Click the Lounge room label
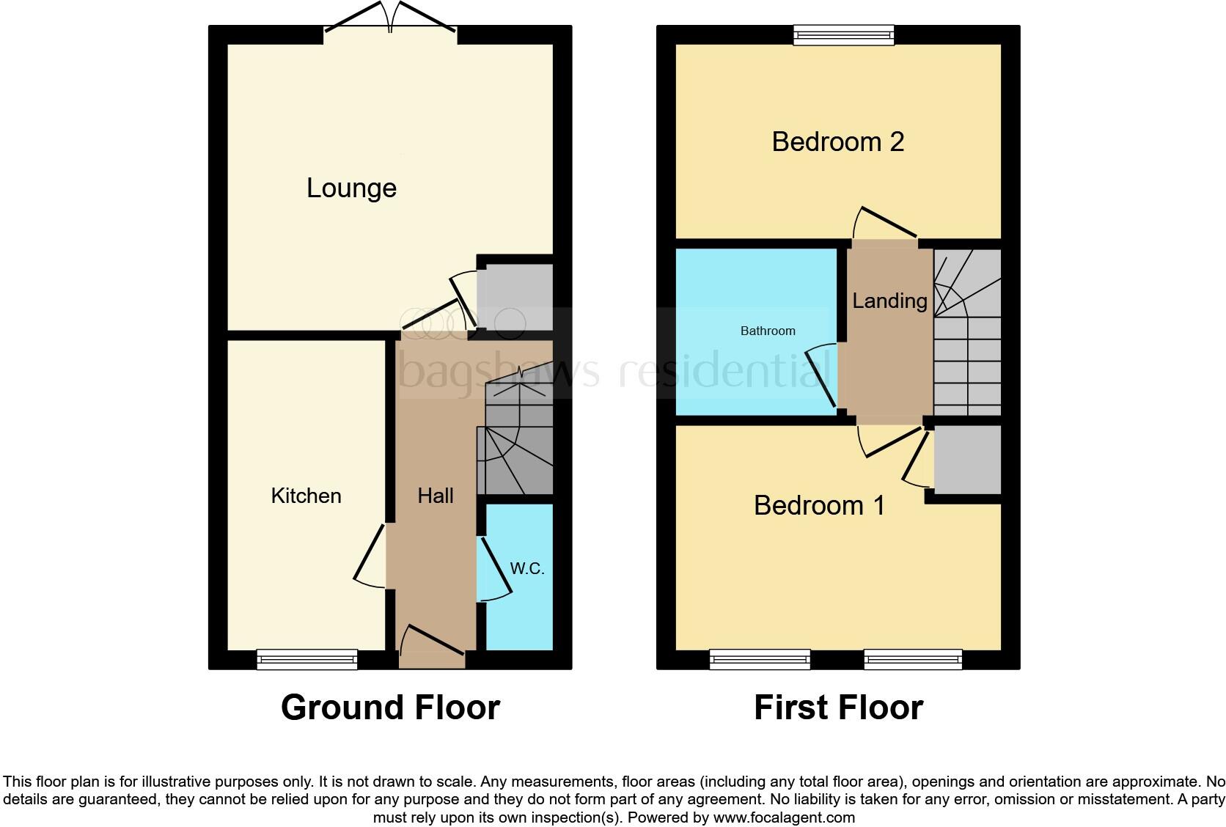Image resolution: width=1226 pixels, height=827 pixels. (x=351, y=188)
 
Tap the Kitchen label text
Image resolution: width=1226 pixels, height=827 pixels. (x=306, y=496)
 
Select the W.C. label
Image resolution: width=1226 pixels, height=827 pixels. (x=527, y=568)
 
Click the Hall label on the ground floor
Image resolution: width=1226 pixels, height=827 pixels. (x=436, y=496)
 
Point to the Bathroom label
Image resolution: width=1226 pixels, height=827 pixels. (x=767, y=331)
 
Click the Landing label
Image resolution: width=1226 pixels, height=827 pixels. (x=889, y=301)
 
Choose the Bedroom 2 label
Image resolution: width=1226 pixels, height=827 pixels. (x=837, y=141)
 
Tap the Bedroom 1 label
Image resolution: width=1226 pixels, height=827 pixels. (x=819, y=505)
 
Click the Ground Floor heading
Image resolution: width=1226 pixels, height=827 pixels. (x=390, y=707)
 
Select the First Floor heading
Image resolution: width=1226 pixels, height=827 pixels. (x=838, y=707)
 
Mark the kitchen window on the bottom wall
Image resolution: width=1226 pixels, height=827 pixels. (x=307, y=659)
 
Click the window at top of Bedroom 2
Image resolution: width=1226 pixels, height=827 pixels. (x=844, y=34)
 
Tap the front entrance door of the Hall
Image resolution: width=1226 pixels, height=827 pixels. (x=432, y=645)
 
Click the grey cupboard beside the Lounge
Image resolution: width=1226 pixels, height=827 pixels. (x=515, y=297)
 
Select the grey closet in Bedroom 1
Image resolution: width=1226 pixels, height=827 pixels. (x=967, y=460)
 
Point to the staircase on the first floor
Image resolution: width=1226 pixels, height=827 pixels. (x=967, y=334)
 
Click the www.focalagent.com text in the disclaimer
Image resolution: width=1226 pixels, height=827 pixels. (x=784, y=817)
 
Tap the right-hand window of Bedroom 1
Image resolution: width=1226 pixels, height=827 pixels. (x=913, y=659)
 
